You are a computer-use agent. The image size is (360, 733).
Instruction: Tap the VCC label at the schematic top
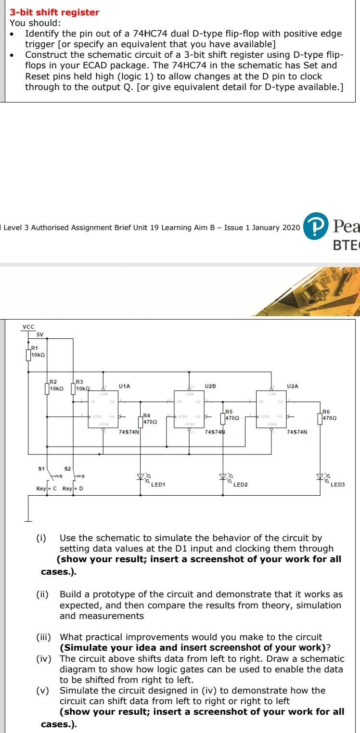(x=29, y=313)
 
